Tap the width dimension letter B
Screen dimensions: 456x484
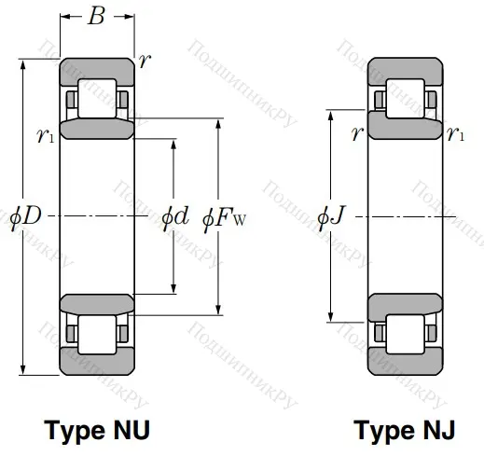96,18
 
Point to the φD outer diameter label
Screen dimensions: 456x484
25,217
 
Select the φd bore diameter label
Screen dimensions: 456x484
174,217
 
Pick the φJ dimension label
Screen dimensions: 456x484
332,217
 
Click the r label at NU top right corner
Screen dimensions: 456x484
145,62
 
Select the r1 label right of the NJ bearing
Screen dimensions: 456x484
456,134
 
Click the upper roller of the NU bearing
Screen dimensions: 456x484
96,98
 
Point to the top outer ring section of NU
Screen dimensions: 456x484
96,69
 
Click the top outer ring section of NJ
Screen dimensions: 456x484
404,69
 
